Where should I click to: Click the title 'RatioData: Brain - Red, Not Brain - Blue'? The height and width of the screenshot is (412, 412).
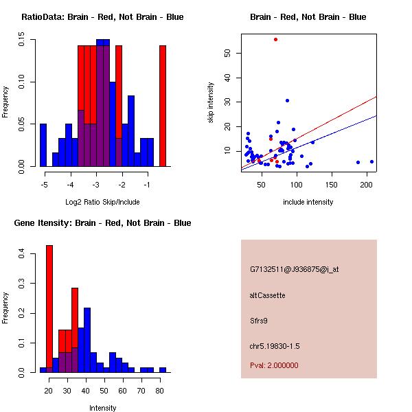click(x=102, y=17)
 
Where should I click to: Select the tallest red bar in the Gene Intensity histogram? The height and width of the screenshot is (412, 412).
click(x=49, y=308)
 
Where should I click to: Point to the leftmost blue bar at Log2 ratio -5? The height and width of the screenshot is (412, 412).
click(x=43, y=145)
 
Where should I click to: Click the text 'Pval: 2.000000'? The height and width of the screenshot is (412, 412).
click(x=274, y=365)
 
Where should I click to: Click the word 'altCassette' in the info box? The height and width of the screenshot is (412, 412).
click(x=267, y=295)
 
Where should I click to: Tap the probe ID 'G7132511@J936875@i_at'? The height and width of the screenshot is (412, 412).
click(x=294, y=269)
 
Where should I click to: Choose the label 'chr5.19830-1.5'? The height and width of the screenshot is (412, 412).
click(x=274, y=345)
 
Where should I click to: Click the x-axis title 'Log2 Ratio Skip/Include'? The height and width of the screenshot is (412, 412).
click(x=102, y=201)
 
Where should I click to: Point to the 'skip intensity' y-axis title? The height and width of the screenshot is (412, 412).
click(x=211, y=103)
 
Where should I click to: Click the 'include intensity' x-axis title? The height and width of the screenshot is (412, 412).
click(x=308, y=202)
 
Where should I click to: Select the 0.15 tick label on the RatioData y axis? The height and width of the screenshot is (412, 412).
click(x=22, y=43)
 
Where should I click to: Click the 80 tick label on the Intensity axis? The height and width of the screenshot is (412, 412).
click(x=159, y=391)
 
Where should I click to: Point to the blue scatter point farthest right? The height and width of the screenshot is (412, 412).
click(x=371, y=161)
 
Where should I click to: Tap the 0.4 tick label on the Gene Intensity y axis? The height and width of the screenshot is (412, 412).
click(x=22, y=254)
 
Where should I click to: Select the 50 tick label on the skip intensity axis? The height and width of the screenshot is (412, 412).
click(x=228, y=53)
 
